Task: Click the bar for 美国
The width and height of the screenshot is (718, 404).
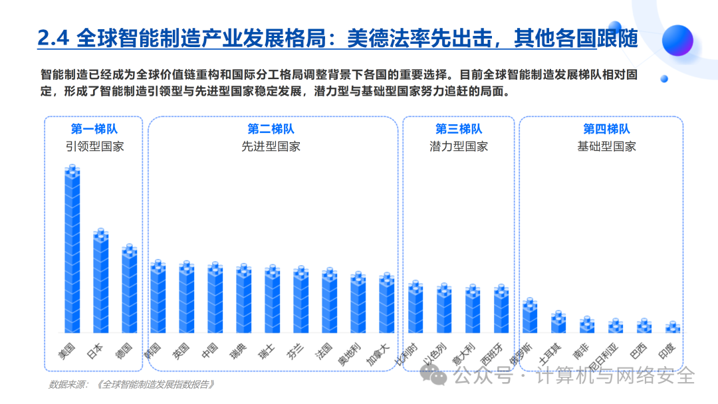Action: coord(72,249)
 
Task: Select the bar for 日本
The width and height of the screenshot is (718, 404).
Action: coord(101,280)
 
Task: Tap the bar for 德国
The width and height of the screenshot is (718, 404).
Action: coord(129,288)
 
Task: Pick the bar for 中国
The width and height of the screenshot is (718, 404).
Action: coord(215,298)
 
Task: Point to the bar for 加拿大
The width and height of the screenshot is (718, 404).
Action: coord(387,303)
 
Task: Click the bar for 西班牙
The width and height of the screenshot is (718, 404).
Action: coord(501,308)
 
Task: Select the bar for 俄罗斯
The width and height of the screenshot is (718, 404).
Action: coord(530,315)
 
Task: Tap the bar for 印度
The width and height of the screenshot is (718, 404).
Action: coord(673,327)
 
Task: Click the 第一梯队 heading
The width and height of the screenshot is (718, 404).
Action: coord(94,129)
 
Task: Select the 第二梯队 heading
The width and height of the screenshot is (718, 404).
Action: coord(271,129)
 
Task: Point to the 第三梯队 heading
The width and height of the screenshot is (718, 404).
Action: coord(458,129)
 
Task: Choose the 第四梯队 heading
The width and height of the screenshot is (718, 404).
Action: coord(606,129)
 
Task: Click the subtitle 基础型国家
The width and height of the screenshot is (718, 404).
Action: coord(606,146)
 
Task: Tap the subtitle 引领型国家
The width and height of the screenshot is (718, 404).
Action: coord(94,146)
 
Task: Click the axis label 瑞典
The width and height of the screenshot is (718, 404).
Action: coord(238,351)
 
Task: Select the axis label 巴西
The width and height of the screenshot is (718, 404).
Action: coord(638,351)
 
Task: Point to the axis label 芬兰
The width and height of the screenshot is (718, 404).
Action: coord(295,351)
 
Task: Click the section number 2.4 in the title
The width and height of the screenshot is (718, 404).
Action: coord(53,38)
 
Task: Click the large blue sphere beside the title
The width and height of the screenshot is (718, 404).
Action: coord(677,41)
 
